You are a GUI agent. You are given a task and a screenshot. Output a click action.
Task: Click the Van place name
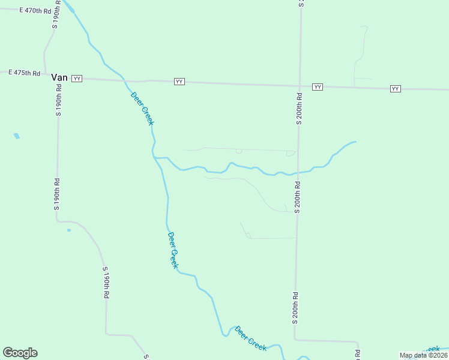click(x=59, y=77)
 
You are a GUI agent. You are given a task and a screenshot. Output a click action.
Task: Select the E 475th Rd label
click(x=24, y=73)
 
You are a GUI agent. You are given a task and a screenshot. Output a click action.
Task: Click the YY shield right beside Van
click(x=77, y=79)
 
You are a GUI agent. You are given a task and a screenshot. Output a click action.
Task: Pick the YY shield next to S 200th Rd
click(x=318, y=87)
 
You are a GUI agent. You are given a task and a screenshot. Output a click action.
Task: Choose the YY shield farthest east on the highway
click(x=395, y=89)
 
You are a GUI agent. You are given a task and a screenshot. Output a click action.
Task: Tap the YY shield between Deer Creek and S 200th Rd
click(x=179, y=81)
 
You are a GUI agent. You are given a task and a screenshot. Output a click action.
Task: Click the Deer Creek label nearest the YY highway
click(x=142, y=108)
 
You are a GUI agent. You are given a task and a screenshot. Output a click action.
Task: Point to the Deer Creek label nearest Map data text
click(x=250, y=339)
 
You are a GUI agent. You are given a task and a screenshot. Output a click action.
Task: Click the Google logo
click(x=20, y=353)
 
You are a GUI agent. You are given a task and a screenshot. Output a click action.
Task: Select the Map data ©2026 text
click(x=424, y=355)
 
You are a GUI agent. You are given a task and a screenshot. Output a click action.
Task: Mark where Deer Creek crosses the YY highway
click(x=125, y=80)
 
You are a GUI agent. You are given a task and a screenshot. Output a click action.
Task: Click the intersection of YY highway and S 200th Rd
click(x=300, y=85)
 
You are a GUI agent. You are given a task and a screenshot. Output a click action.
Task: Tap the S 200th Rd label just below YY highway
click(x=299, y=109)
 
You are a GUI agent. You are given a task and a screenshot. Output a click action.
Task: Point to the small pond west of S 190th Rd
click(x=17, y=136)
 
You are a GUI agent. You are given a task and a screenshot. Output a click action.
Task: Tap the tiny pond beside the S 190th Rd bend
click(x=69, y=230)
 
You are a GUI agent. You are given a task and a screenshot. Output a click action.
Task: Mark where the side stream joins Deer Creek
click(x=155, y=158)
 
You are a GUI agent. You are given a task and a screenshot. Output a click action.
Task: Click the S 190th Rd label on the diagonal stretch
click(x=106, y=283)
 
